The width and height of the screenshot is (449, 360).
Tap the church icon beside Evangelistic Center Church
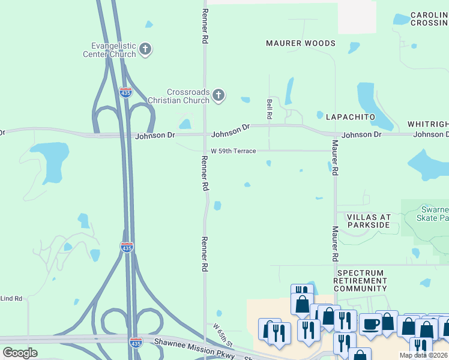tap(145, 49)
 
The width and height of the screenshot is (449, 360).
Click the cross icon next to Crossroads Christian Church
tap(218, 95)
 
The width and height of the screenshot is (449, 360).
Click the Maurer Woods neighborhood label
tap(301, 43)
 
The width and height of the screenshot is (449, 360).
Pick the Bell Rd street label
tap(270, 109)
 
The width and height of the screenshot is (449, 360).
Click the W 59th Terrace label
tap(234, 151)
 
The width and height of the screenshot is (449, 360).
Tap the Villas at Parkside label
tap(369, 221)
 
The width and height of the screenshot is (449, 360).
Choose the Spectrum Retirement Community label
tap(360, 280)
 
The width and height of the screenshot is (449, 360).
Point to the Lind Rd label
tap(11, 298)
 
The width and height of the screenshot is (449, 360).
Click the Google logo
tap(20, 353)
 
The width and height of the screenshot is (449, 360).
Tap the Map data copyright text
tap(423, 355)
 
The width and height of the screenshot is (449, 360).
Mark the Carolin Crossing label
tap(429, 19)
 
